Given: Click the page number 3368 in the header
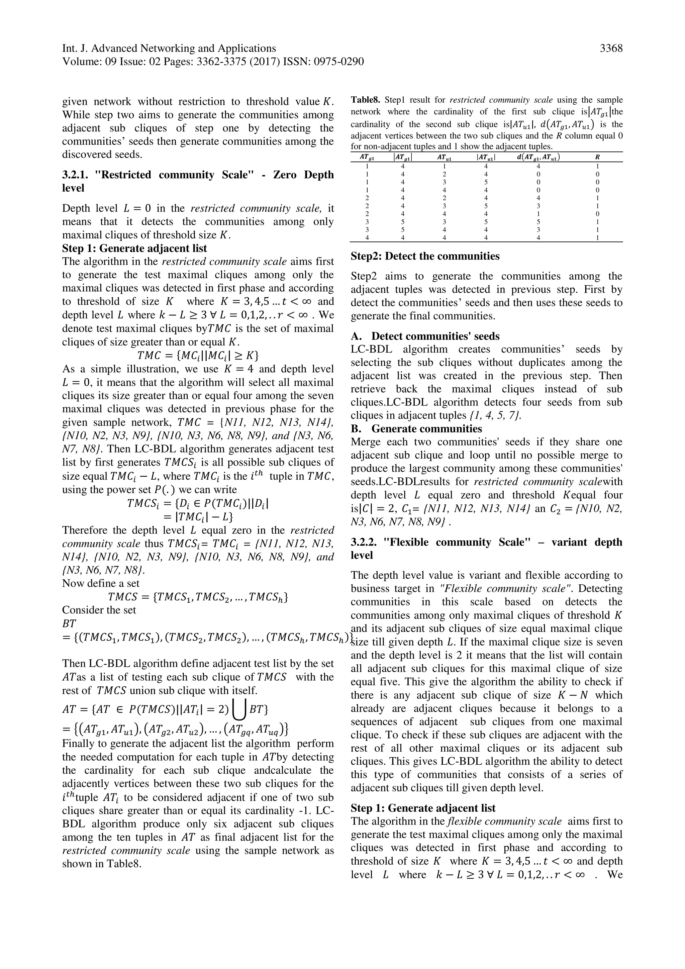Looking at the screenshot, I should (x=611, y=49).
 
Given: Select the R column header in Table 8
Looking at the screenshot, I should (x=597, y=157).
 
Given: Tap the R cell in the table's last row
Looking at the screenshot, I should (x=597, y=237).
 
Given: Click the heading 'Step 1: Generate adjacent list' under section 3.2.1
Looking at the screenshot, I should (x=134, y=248).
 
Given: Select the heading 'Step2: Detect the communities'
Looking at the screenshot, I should (x=425, y=256).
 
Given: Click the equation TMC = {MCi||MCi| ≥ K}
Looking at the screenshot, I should (x=198, y=355).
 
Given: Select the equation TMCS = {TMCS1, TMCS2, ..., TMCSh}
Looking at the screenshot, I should (x=198, y=597).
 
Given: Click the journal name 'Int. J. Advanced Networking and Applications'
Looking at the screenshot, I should (x=169, y=49).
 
